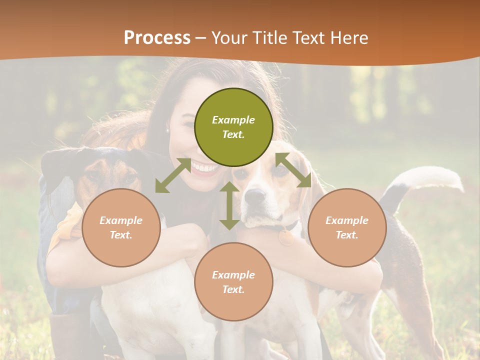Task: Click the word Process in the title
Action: pos(157,38)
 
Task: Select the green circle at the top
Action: pos(233,127)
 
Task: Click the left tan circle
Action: pos(121,227)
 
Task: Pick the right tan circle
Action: pos(347,227)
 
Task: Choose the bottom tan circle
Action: pos(233,282)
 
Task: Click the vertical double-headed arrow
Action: pos(229,205)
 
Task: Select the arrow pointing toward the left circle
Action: pos(173,175)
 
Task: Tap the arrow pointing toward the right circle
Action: pos(293,170)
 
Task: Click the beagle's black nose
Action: pos(254,196)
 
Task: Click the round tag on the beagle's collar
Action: pos(286,237)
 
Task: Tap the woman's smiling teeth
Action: pos(204,167)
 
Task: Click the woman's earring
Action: pos(168,130)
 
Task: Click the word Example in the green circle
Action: pos(233,120)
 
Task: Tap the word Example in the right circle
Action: pos(347,220)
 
